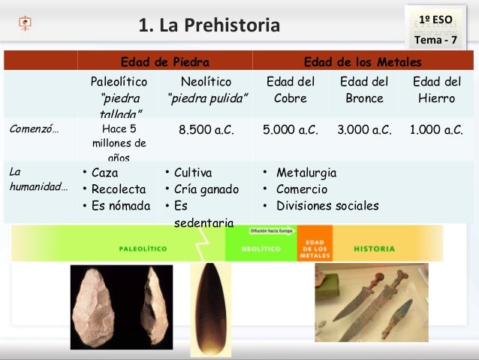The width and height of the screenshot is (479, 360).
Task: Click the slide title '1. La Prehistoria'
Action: pyautogui.click(x=209, y=26)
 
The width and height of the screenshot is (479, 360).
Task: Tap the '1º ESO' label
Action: pyautogui.click(x=436, y=17)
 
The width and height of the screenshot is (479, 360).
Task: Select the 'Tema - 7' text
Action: pyautogui.click(x=435, y=38)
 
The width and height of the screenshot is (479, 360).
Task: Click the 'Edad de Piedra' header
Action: pyautogui.click(x=165, y=61)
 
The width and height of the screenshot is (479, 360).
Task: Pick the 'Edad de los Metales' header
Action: pyautogui.click(x=362, y=61)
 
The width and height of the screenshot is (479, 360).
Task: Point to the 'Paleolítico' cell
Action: pyautogui.click(x=119, y=81)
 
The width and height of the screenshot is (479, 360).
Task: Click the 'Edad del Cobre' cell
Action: pyautogui.click(x=291, y=89)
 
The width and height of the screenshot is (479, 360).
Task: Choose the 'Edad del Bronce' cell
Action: pyautogui.click(x=364, y=89)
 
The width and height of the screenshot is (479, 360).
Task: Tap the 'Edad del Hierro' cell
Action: pyautogui.click(x=437, y=89)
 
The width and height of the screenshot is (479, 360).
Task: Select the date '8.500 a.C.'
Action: pyautogui.click(x=206, y=129)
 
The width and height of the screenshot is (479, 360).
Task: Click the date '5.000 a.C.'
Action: pyautogui.click(x=291, y=129)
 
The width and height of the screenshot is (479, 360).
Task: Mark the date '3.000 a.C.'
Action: pyautogui.click(x=364, y=129)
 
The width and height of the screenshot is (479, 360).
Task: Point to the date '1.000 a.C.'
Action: pyautogui.click(x=436, y=129)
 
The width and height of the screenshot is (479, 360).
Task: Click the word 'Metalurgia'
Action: pyautogui.click(x=306, y=173)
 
